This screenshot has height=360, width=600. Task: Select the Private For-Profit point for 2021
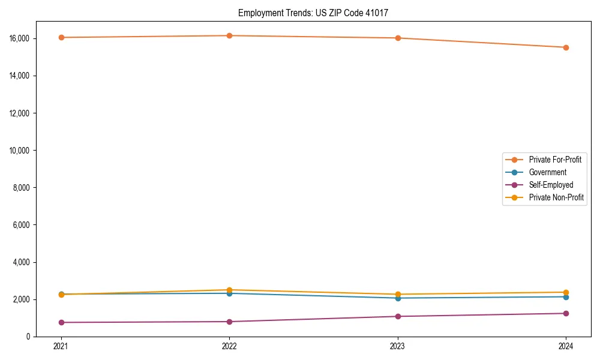(61, 37)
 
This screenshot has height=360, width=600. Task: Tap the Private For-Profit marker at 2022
(229, 35)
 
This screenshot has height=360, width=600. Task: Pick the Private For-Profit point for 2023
(398, 38)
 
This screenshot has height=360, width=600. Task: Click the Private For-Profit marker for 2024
(566, 47)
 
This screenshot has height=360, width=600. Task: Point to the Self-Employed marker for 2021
(61, 322)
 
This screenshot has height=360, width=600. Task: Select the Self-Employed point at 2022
(229, 322)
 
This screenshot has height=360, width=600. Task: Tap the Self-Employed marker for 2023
(398, 316)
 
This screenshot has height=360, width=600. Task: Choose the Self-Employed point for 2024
(566, 313)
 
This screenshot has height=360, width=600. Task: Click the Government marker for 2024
(566, 297)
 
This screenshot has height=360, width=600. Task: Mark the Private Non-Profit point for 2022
(229, 290)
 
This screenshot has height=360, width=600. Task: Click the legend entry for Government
(547, 172)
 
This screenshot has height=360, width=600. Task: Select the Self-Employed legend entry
(551, 185)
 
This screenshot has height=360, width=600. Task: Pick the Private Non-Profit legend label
(556, 197)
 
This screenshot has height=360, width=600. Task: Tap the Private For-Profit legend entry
(555, 160)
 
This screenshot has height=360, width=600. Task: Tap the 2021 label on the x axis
(61, 346)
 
